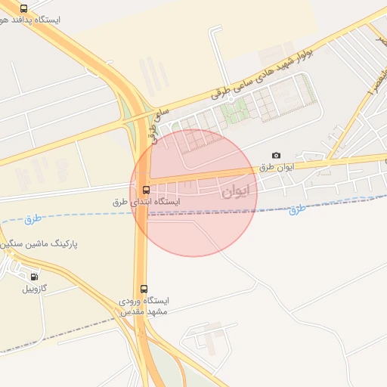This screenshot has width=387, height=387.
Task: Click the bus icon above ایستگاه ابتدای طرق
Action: [145, 190]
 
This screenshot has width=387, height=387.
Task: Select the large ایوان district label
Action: [235, 191]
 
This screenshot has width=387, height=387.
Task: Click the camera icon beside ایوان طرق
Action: [275, 156]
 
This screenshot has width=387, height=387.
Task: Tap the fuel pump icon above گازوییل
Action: [34, 276]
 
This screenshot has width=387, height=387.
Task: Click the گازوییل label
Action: [34, 288]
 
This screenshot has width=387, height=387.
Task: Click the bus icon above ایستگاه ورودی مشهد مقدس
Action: [144, 289]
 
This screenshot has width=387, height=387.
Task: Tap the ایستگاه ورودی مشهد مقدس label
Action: [144, 306]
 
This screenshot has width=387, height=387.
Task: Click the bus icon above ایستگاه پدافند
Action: [24, 8]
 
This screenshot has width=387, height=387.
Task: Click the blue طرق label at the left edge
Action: [33, 219]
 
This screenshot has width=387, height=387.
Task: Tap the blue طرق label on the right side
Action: [299, 208]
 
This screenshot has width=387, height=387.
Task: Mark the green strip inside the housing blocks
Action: [234, 113]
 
